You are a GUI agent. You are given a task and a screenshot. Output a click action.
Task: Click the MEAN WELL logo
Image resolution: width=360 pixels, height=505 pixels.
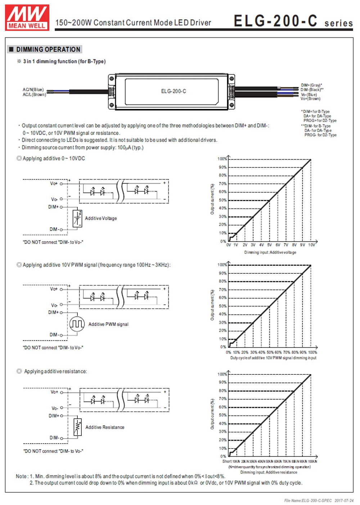point(27,17)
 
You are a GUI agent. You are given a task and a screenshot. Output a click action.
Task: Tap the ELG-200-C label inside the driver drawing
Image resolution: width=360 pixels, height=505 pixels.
point(174,91)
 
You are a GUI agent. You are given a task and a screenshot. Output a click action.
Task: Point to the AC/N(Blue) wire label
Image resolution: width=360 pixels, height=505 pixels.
point(33,90)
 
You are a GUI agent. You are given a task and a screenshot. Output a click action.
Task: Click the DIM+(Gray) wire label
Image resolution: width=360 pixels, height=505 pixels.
point(311,85)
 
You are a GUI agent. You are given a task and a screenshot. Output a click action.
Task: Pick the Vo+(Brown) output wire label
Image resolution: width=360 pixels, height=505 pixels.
point(311,99)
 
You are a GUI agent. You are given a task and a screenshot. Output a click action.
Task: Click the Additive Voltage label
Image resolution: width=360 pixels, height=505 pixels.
point(101,218)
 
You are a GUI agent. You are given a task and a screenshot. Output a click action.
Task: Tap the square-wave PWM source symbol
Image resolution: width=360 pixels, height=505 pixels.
point(77,324)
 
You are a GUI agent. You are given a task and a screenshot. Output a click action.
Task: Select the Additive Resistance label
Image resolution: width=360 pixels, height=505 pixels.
point(105,427)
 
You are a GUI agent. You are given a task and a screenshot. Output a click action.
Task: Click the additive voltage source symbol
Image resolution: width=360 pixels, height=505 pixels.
point(77,218)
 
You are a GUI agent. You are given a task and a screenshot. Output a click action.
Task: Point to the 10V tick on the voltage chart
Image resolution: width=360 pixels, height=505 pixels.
point(311,245)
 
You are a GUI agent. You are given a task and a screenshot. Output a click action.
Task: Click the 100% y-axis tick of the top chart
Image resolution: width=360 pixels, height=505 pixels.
point(222,159)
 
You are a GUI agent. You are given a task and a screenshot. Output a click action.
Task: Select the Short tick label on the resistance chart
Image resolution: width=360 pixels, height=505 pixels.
point(227,461)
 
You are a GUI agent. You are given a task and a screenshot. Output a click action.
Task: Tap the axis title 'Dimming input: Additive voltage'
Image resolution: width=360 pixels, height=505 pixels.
point(270,252)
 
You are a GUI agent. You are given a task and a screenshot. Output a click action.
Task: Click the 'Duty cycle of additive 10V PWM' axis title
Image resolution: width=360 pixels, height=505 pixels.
point(273,358)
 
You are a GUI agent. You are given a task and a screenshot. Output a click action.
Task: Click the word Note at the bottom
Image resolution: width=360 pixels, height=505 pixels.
point(21,476)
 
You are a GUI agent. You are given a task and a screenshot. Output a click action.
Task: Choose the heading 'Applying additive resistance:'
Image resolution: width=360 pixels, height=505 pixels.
point(55,371)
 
